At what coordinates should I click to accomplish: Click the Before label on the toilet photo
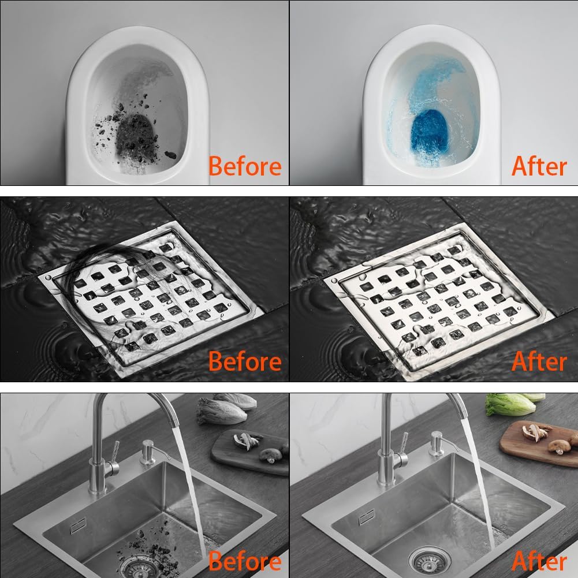point(244,166)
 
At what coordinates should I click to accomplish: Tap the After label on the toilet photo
point(539,166)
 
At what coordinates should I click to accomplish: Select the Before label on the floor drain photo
point(244,361)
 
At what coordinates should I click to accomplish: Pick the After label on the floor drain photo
point(539,361)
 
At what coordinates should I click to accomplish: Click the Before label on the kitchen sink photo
point(244,561)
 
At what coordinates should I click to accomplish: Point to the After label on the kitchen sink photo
point(539,561)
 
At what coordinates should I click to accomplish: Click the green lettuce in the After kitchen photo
point(511,404)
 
